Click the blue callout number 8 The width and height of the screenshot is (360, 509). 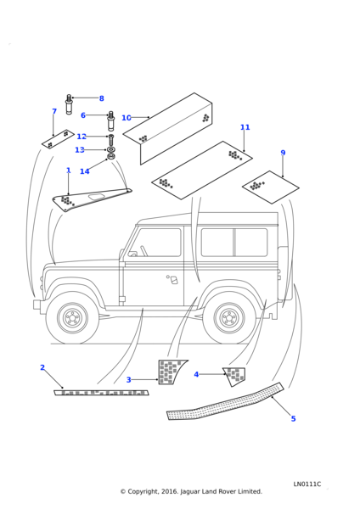click(102, 98)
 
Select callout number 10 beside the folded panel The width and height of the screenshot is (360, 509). click(126, 118)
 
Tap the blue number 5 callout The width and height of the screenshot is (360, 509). click(294, 419)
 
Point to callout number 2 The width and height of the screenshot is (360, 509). click(42, 367)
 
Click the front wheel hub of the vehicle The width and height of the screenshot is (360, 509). click(72, 318)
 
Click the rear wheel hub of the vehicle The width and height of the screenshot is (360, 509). click(229, 318)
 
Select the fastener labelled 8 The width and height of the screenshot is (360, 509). click(69, 103)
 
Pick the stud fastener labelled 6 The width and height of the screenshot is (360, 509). click(110, 120)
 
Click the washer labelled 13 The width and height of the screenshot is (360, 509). click(110, 149)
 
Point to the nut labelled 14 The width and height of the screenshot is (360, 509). click(110, 157)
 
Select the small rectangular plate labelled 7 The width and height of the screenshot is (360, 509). click(58, 140)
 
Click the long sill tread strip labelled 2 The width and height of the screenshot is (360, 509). click(101, 393)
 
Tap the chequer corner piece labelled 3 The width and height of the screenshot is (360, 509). click(171, 372)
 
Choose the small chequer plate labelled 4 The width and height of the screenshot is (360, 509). click(234, 376)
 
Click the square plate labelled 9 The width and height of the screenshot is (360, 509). click(271, 187)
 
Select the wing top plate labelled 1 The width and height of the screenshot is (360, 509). click(92, 199)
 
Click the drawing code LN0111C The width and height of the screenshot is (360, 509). click(307, 484)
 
